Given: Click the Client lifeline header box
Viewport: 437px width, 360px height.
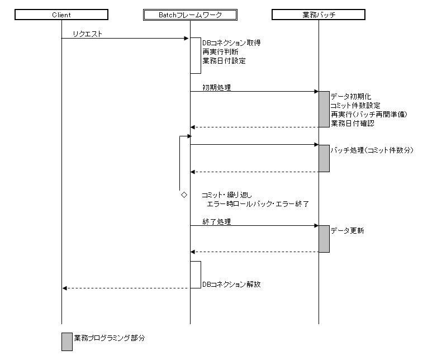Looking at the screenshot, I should [61, 15].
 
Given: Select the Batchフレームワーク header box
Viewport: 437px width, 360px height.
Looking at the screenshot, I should [190, 15].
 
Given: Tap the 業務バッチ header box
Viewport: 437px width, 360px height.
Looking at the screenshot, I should [319, 15].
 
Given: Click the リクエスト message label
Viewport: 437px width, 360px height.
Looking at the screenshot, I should [87, 35].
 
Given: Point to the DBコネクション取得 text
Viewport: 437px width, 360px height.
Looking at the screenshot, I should [227, 42].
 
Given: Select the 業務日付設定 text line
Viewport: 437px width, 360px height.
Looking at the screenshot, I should [224, 60].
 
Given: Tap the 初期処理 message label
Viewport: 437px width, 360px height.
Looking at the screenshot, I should [217, 87].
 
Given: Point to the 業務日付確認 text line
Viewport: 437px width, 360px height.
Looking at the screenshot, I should [352, 123].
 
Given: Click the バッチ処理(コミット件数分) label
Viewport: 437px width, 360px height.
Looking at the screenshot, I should [372, 150].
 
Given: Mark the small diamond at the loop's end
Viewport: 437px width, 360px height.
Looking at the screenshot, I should [183, 196].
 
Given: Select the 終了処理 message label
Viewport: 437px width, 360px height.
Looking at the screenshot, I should [217, 221].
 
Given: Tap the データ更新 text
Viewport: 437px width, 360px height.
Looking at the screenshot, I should [347, 231].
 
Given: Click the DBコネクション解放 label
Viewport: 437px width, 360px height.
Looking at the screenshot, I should [231, 284].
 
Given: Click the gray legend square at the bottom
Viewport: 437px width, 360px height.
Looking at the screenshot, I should [67, 342].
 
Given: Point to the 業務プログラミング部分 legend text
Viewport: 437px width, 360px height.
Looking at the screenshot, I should [110, 338].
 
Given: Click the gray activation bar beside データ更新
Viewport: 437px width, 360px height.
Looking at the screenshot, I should [324, 239].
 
